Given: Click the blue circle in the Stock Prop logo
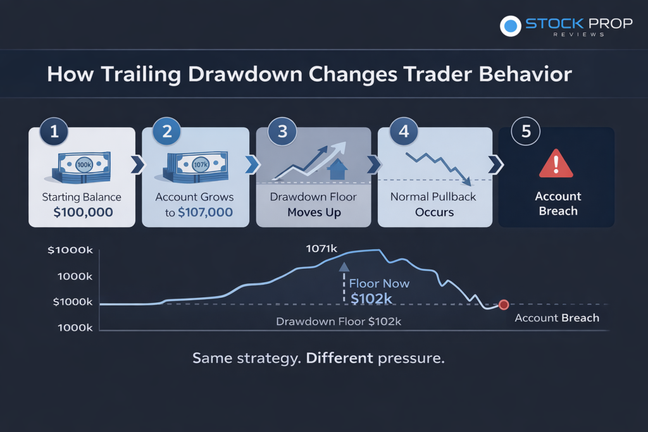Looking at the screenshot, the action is tap(511, 26).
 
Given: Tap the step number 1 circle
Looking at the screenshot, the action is tap(54, 132).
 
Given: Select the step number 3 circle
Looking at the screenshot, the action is tap(282, 132).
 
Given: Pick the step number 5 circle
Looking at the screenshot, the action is tap(526, 132).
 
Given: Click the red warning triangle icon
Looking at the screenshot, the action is tap(556, 164).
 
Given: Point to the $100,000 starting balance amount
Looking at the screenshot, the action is tap(83, 213).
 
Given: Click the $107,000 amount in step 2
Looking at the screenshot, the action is tap(205, 213).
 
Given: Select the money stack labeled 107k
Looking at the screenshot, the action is tap(196, 167).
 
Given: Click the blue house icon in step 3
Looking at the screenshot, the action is tap(337, 169).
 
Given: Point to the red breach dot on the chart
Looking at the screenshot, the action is tap(504, 305).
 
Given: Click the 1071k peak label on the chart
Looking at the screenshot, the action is tap(321, 249).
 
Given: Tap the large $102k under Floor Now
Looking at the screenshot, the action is tap(371, 299).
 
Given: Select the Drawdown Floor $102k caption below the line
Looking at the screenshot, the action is tap(339, 321).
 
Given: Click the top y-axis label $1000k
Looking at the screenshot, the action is tap(70, 250).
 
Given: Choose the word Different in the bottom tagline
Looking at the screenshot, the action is tap(339, 357).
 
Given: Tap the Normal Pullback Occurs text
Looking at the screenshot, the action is tap(433, 204).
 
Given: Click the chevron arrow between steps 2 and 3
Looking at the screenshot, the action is tap(252, 164).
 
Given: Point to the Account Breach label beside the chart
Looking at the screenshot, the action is tap(557, 318).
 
